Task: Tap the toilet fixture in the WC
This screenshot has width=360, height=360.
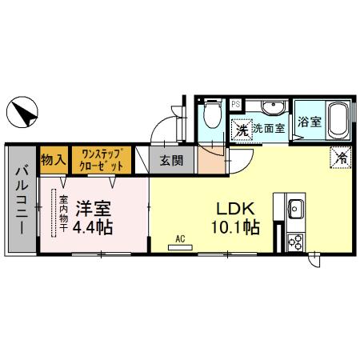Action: pyautogui.click(x=210, y=114)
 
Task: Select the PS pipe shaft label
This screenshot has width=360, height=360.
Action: pyautogui.click(x=236, y=104)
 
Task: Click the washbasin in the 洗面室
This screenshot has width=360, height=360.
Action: pyautogui.click(x=270, y=108)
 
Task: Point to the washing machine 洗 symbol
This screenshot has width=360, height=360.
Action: pyautogui.click(x=241, y=128)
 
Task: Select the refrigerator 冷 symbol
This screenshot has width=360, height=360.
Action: pyautogui.click(x=340, y=158)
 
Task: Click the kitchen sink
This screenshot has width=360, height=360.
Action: pyautogui.click(x=294, y=210)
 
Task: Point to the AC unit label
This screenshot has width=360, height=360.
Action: pyautogui.click(x=181, y=238)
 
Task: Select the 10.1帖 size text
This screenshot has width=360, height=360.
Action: pyautogui.click(x=235, y=227)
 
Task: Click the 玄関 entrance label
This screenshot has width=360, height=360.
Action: pyautogui.click(x=170, y=160)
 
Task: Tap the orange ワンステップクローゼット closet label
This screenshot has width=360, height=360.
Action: pyautogui.click(x=101, y=159)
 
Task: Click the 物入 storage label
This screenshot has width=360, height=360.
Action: pyautogui.click(x=53, y=159)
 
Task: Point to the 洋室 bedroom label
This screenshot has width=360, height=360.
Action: pyautogui.click(x=94, y=209)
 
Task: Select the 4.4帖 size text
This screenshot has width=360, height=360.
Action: pyautogui.click(x=94, y=227)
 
